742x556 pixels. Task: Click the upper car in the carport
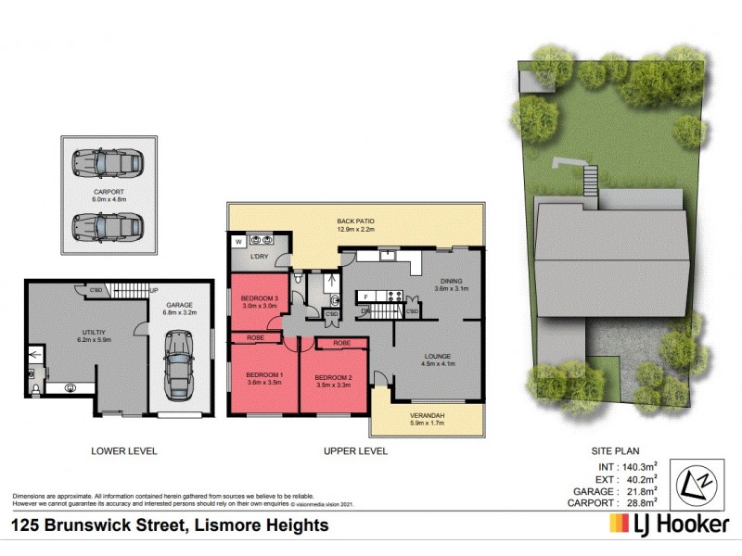pos(107,165)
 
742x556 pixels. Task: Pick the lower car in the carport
pos(107,225)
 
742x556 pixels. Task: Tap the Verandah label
pos(428,415)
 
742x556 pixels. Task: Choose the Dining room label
pos(452,282)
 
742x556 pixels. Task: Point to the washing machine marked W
pos(237,241)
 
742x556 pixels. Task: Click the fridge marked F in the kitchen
pos(365,297)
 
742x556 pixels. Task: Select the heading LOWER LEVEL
pos(123,451)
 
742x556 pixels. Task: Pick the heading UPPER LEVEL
pos(355,451)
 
